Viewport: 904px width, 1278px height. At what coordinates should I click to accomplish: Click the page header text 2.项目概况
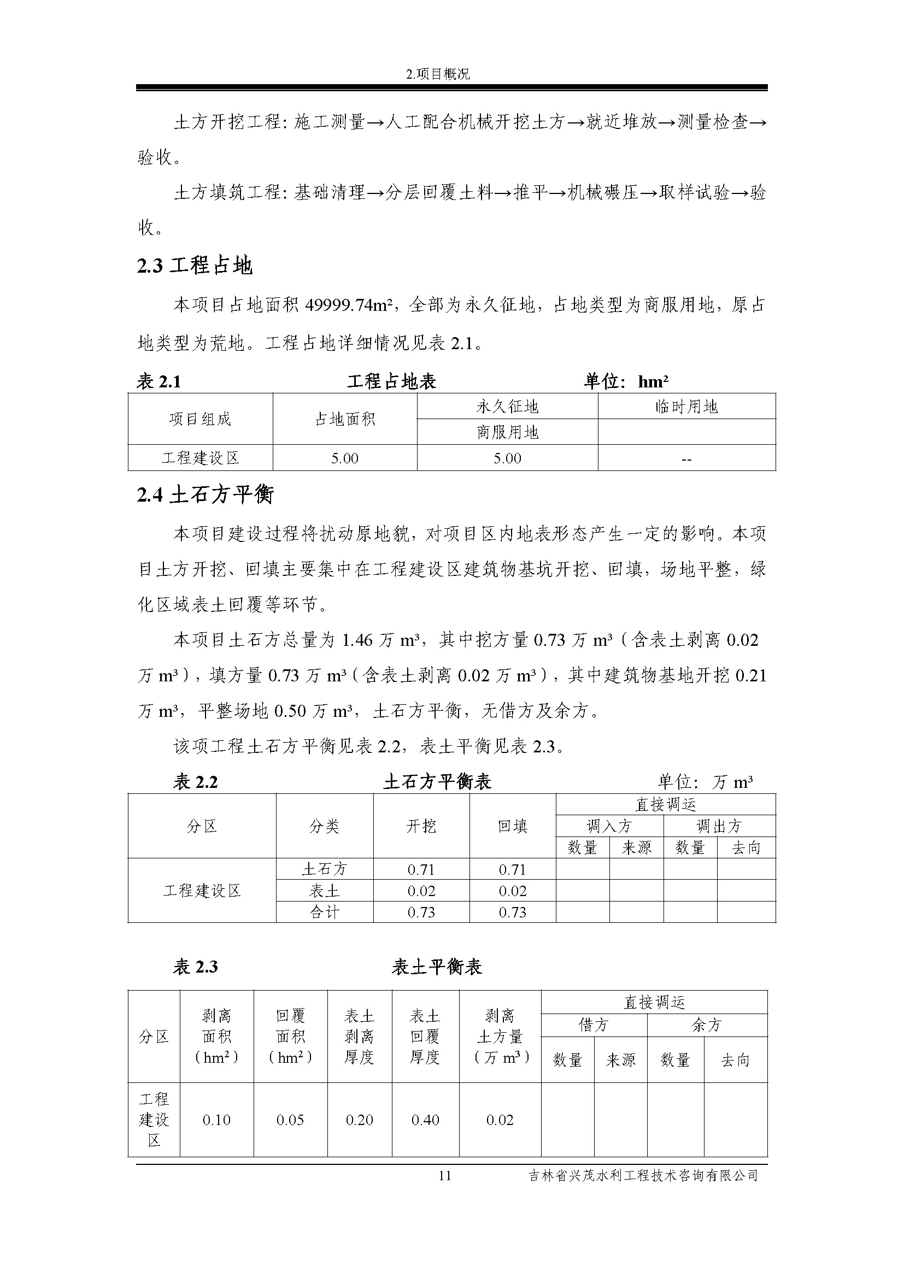[438, 74]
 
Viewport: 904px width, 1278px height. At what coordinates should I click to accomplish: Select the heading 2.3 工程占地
[195, 266]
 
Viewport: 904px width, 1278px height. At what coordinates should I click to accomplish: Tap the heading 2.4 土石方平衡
[206, 494]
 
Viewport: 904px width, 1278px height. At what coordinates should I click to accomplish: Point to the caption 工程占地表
[391, 381]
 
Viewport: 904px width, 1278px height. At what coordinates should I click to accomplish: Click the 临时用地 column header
[686, 407]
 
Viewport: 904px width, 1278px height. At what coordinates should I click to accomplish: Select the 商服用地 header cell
[507, 433]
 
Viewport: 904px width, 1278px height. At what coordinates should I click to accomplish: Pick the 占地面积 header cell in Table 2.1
[345, 419]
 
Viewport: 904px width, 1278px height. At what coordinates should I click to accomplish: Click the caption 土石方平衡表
[438, 781]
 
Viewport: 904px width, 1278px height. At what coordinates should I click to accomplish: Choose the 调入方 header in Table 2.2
[609, 826]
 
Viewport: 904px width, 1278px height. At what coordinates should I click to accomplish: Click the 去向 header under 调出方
[746, 848]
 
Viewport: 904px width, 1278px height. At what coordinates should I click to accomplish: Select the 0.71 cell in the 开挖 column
[421, 869]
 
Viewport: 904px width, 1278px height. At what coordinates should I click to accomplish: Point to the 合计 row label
[324, 912]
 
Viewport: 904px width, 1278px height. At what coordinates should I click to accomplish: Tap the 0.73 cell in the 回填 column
[512, 912]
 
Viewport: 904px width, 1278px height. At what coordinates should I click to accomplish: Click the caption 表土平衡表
[437, 967]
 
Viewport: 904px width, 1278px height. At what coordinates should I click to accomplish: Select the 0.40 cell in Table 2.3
[425, 1120]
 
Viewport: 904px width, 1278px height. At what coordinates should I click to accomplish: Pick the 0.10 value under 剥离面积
[216, 1120]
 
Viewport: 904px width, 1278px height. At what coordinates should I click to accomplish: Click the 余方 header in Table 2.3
[706, 1024]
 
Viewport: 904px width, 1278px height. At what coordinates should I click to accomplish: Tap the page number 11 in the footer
[445, 1176]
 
